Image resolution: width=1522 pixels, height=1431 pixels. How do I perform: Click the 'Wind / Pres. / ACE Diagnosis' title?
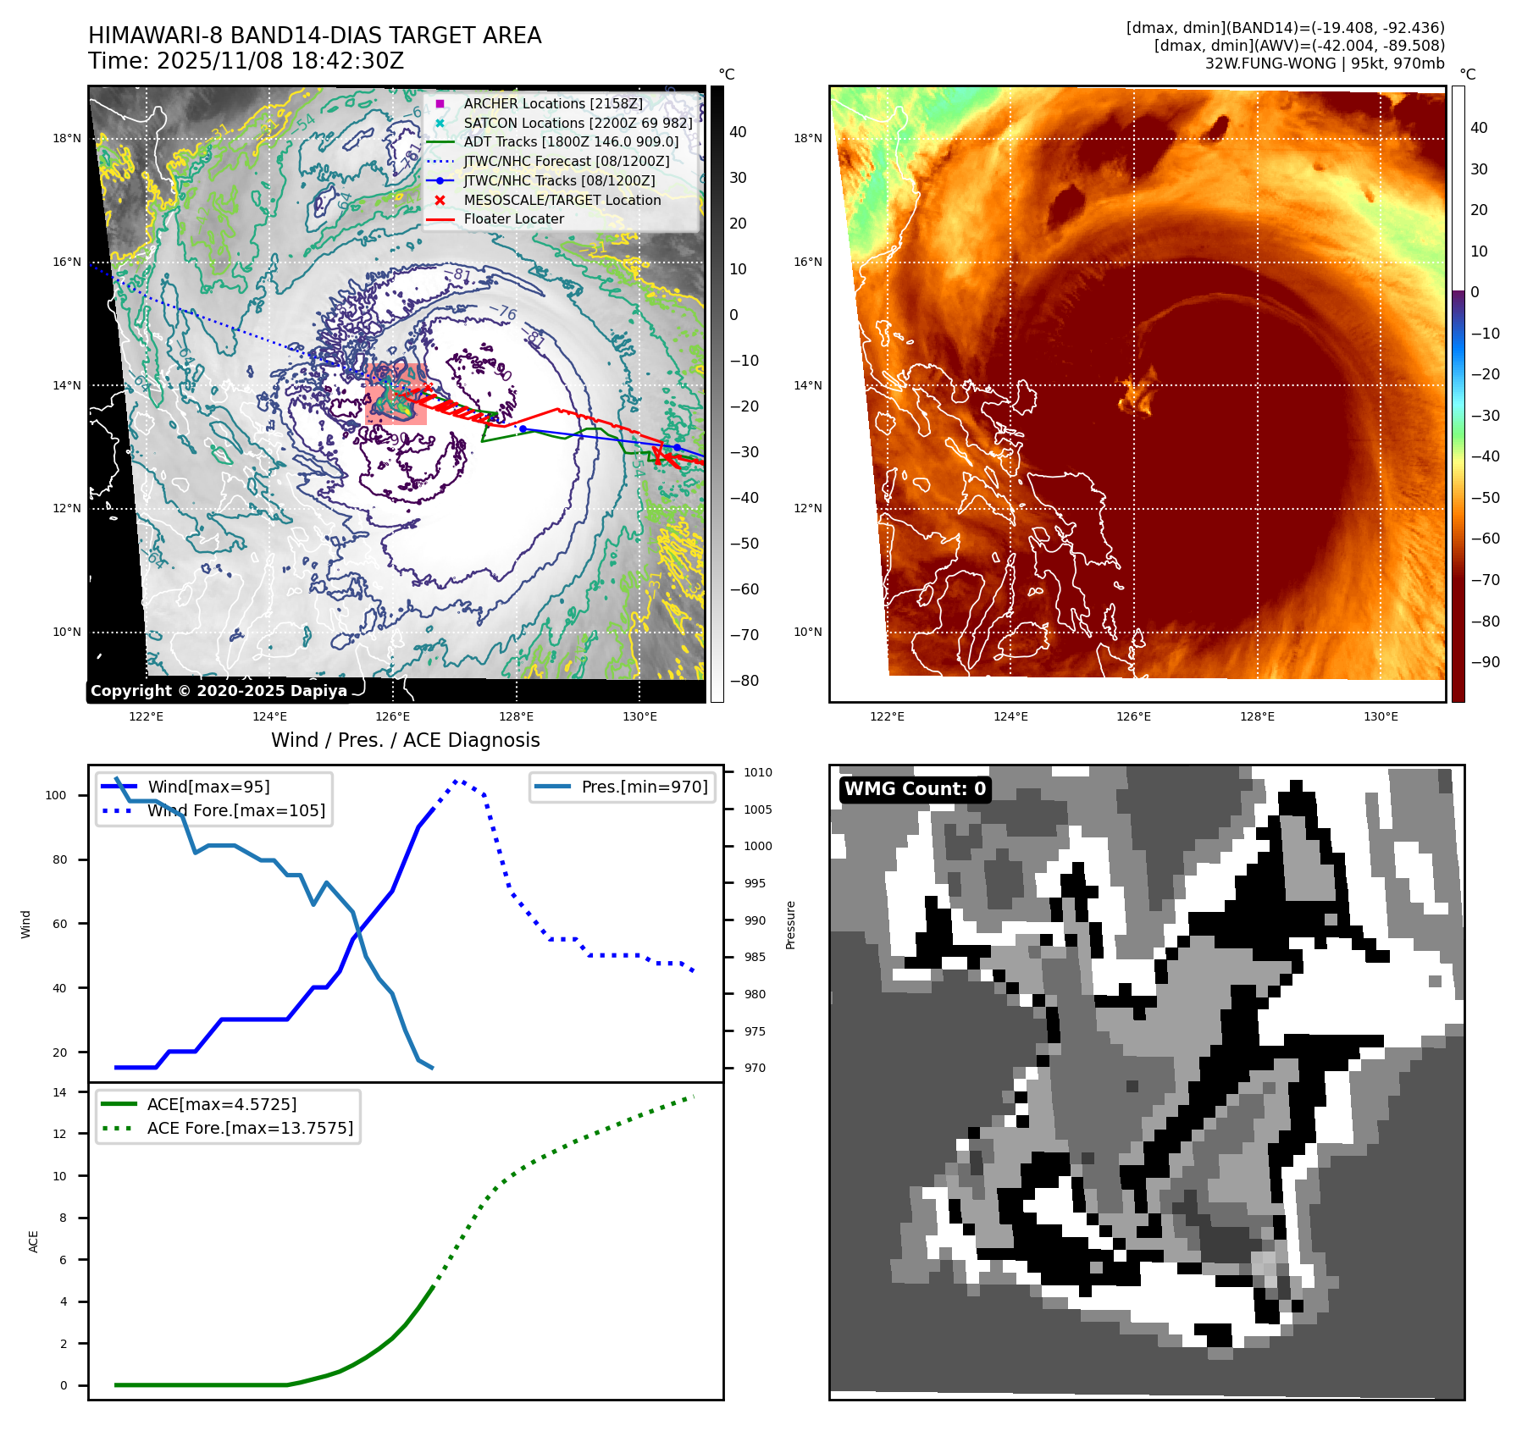pos(405,740)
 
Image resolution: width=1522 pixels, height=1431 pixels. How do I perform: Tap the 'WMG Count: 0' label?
pos(915,789)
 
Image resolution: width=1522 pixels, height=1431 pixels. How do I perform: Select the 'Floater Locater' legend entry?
pos(513,219)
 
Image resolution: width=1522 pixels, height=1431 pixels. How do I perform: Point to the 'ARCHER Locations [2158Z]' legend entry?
pos(553,103)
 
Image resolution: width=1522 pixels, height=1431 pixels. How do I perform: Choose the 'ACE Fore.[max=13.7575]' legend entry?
pos(250,1128)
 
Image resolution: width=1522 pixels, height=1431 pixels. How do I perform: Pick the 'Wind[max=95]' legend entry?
pos(208,787)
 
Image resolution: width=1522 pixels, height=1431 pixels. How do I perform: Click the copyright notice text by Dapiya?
pos(219,691)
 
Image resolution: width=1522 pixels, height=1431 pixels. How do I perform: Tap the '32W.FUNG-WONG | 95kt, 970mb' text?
pos(1325,64)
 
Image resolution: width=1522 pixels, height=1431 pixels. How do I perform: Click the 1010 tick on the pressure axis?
pos(758,772)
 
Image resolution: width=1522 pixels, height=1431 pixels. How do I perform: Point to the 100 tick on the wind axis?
pos(56,795)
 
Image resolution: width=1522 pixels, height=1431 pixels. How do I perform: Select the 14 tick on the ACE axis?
pos(59,1092)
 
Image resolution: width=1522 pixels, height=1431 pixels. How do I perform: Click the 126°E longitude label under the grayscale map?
pos(393,716)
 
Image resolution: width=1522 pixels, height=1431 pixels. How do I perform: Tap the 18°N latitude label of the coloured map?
pos(807,138)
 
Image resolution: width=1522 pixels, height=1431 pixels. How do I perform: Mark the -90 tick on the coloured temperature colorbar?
pos(1485,662)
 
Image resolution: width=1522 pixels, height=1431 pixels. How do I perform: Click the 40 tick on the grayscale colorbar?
pos(738,132)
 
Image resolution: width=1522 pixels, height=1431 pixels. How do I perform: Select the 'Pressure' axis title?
pos(790,925)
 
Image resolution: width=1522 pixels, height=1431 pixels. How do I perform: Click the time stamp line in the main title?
pos(246,61)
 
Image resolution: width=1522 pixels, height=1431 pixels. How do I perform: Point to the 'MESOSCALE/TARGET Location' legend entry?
pos(562,200)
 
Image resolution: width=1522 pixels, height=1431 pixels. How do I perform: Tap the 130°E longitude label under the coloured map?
pos(1381,716)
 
